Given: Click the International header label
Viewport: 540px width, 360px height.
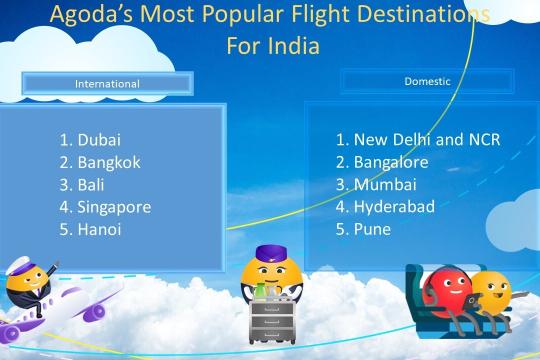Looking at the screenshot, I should pyautogui.click(x=107, y=83).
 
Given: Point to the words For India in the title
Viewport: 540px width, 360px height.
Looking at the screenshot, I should pyautogui.click(x=270, y=47).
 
